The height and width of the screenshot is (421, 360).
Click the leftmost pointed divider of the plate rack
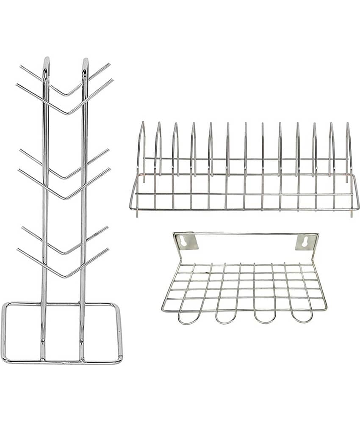point(142,127)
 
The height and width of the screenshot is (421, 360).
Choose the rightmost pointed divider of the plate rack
point(348,127)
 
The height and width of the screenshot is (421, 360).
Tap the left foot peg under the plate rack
point(137,214)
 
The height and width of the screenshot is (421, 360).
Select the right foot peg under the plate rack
point(351,214)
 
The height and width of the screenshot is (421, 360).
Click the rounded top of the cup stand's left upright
point(46,60)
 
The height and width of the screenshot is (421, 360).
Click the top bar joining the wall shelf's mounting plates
point(246,233)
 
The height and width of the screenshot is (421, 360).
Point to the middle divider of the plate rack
point(245,127)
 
